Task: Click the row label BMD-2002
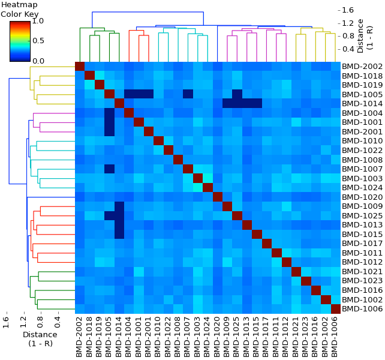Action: [x=362, y=67]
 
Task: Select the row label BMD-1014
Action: [x=362, y=104]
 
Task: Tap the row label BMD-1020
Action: [x=362, y=197]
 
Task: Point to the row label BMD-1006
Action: [x=362, y=309]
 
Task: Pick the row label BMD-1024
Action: [x=362, y=188]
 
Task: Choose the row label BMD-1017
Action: [x=362, y=244]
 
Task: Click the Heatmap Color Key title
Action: [x=19, y=9]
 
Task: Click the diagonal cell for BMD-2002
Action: [x=80, y=67]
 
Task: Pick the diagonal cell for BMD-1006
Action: [x=336, y=309]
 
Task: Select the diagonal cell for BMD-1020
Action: [x=218, y=197]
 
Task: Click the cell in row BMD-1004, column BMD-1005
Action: [x=109, y=113]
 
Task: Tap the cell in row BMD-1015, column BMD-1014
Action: [x=119, y=234]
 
